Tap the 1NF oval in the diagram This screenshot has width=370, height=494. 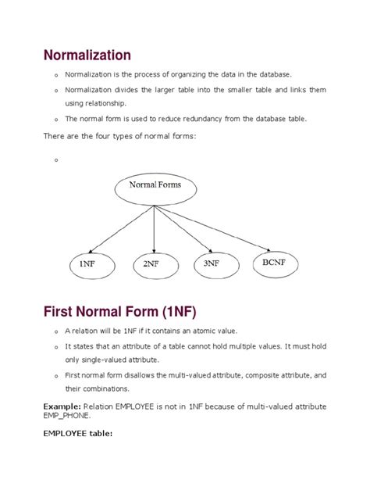click(x=87, y=263)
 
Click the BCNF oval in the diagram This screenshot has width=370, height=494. click(x=272, y=263)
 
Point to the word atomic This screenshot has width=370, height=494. click(x=197, y=331)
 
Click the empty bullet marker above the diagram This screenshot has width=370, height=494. click(x=57, y=160)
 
